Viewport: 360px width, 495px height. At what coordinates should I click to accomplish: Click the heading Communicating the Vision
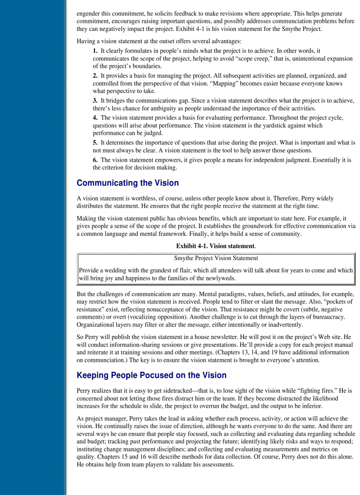(x=127, y=183)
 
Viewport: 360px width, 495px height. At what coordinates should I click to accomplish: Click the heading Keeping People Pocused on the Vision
(x=151, y=376)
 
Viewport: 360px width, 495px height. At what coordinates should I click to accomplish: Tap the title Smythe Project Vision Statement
(x=216, y=258)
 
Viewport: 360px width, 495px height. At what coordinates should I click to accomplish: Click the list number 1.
(x=95, y=51)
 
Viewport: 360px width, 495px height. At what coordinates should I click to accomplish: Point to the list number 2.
(x=95, y=76)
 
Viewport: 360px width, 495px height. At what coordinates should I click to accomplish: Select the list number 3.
(x=95, y=101)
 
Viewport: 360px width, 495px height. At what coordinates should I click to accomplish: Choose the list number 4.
(x=95, y=118)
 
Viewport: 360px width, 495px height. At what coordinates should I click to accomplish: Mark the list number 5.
(x=95, y=143)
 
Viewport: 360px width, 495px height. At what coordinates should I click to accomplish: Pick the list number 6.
(x=95, y=160)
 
